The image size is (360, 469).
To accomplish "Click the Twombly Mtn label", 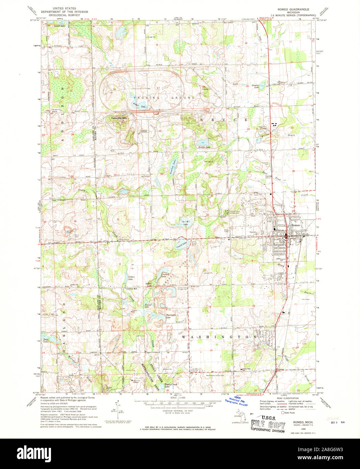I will click(120, 118).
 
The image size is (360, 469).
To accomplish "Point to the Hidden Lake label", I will click(204, 147).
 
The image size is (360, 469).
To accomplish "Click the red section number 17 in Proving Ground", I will click(158, 88).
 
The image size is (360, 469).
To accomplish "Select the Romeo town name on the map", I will click(295, 225).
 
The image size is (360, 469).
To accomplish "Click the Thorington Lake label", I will click(171, 316).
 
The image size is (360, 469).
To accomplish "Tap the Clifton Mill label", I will click(131, 289).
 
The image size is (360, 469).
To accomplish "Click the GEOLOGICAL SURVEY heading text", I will click(64, 15).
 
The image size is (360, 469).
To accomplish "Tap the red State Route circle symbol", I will click(283, 412).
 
